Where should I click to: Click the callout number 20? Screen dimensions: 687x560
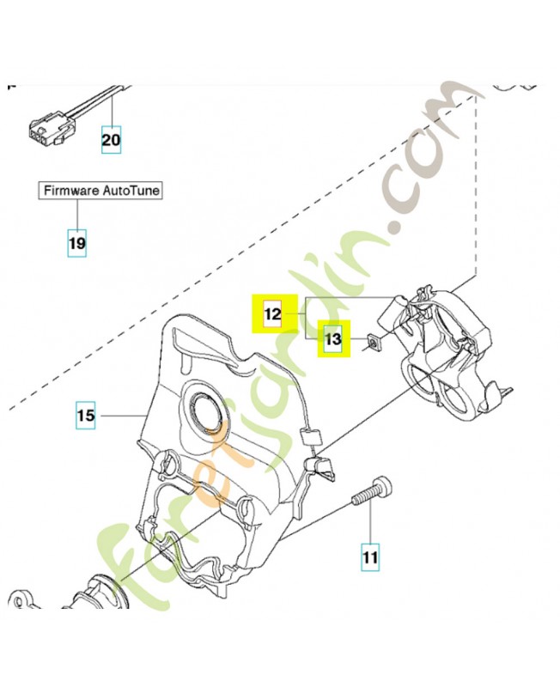pyautogui.click(x=112, y=139)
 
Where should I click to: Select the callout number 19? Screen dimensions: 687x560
pyautogui.click(x=77, y=244)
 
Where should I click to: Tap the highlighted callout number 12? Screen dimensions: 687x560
pyautogui.click(x=272, y=314)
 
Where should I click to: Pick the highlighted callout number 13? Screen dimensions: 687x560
pyautogui.click(x=333, y=341)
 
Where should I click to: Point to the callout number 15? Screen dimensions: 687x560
pyautogui.click(x=85, y=416)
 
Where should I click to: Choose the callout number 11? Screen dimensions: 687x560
pyautogui.click(x=370, y=557)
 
